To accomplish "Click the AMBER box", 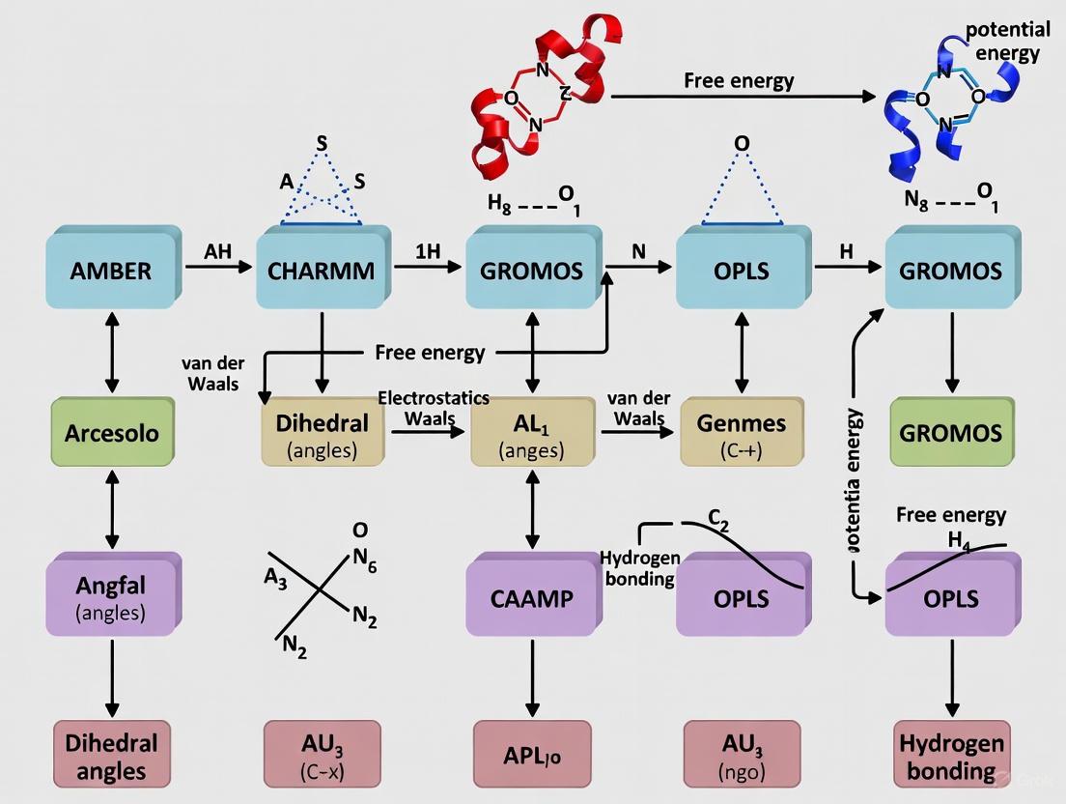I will pyautogui.click(x=111, y=269).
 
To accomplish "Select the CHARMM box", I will pyautogui.click(x=323, y=269).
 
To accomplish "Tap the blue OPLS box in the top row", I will pyautogui.click(x=742, y=269).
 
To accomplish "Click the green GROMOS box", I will pyautogui.click(x=950, y=432).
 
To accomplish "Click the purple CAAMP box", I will pyautogui.click(x=532, y=596).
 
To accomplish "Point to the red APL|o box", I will pyautogui.click(x=532, y=757).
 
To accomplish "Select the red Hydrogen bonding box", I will pyautogui.click(x=951, y=757).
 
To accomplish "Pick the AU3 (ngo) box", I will pyautogui.click(x=742, y=757).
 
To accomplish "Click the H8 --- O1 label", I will pyautogui.click(x=532, y=206).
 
